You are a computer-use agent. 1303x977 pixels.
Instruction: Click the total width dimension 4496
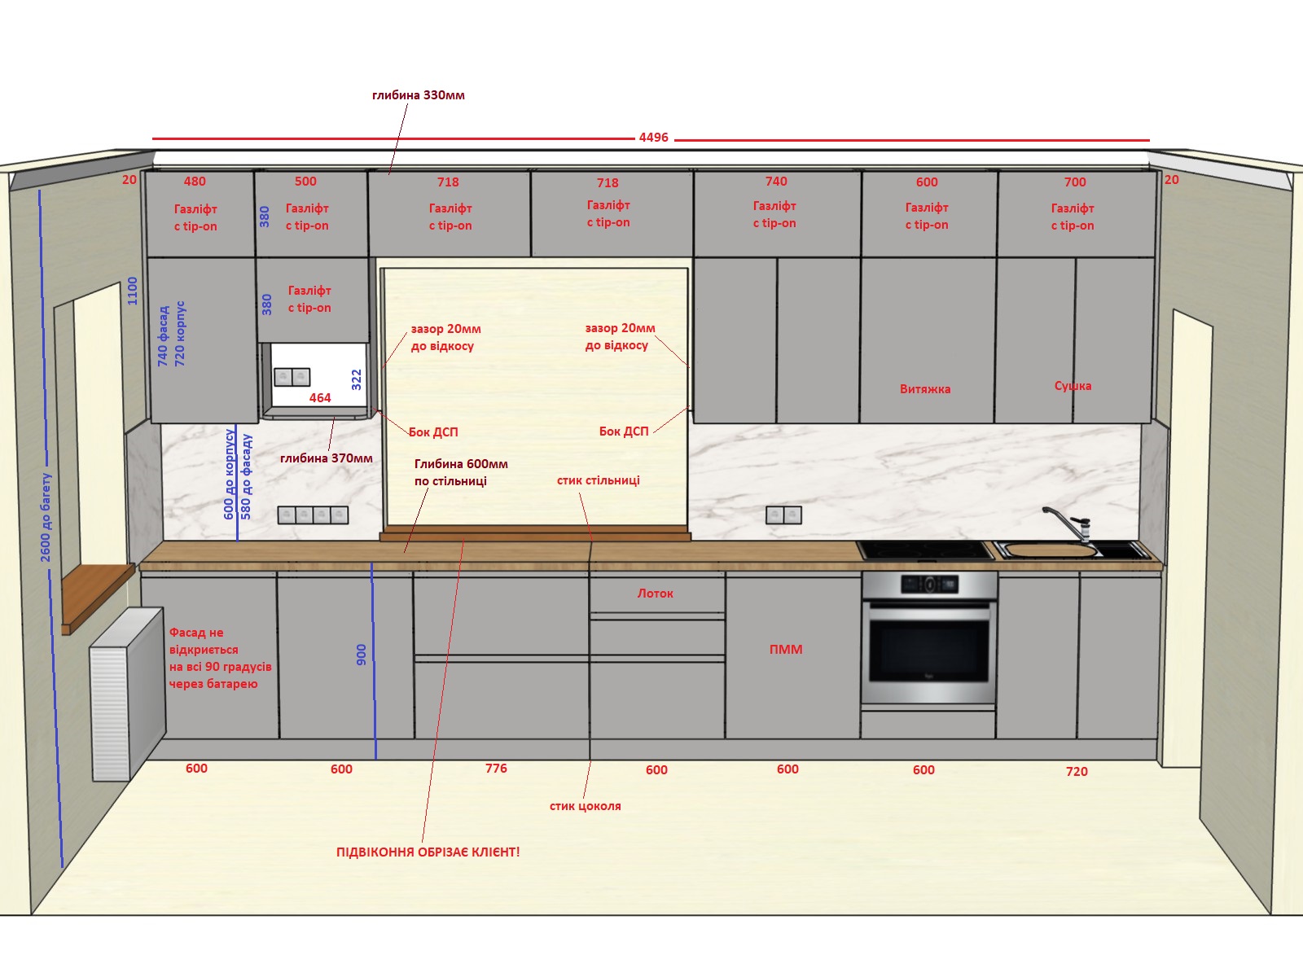click(653, 138)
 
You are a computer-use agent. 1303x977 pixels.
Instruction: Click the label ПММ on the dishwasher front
click(785, 650)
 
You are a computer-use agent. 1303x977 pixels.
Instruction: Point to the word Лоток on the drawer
click(656, 594)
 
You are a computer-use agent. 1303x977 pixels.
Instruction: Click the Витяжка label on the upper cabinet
click(925, 389)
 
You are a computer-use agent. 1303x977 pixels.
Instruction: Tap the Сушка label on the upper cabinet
click(1073, 386)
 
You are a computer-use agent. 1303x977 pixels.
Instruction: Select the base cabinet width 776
click(496, 769)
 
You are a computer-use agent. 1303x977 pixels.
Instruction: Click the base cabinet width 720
click(1077, 771)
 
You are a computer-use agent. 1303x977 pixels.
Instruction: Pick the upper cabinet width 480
click(195, 182)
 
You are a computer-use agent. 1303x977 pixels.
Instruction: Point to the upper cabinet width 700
click(1074, 182)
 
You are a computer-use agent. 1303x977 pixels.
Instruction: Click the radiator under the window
click(128, 693)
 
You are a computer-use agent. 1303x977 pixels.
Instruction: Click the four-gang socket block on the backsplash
click(313, 515)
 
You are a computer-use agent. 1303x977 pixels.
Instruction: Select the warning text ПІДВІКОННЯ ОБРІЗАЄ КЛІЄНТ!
click(428, 852)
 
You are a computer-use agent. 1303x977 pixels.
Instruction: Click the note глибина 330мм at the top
click(418, 95)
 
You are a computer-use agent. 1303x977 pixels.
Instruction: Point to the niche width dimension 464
click(320, 398)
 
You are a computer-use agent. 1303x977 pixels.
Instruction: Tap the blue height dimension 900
click(361, 655)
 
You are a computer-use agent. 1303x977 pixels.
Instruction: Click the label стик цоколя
click(585, 806)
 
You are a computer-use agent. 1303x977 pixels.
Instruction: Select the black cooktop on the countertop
click(925, 550)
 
